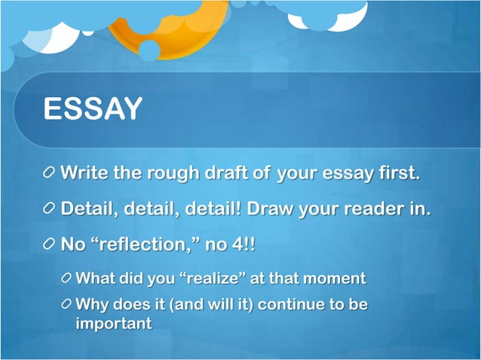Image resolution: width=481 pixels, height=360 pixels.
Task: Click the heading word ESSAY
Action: coord(92,108)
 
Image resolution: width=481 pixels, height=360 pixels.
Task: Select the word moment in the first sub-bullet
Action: coord(335,278)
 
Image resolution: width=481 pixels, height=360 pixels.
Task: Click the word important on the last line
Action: coord(114,324)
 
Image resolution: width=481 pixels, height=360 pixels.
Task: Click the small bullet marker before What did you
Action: coord(69,279)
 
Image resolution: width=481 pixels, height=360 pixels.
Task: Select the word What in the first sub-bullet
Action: coord(96,278)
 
